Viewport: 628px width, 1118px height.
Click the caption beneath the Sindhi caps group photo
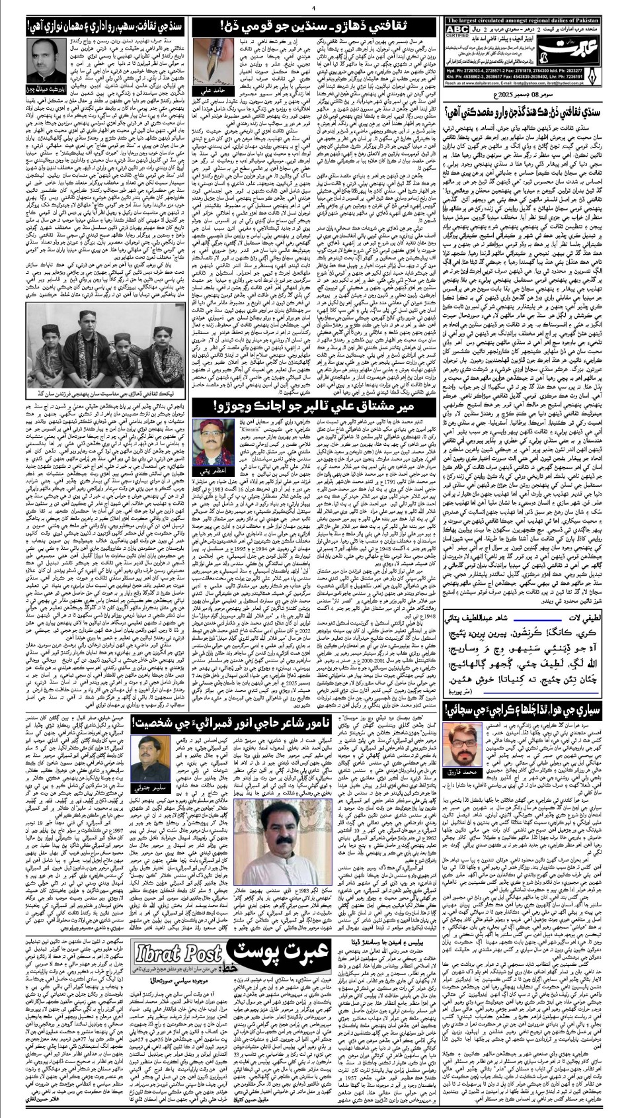[97, 394]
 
